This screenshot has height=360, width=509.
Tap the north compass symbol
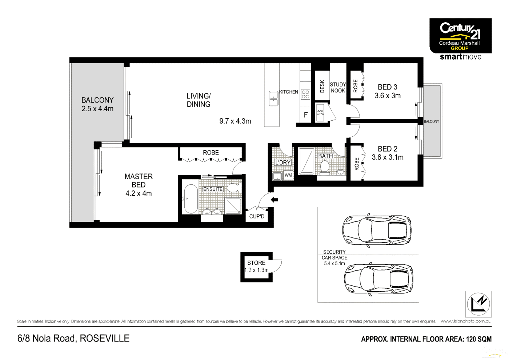[x=478, y=304]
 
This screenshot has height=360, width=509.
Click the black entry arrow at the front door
[x=274, y=200]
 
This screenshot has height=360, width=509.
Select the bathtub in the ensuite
[x=191, y=199]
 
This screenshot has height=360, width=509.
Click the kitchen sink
[x=273, y=99]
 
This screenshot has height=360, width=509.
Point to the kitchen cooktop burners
[x=305, y=94]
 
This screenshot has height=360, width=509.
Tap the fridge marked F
[x=306, y=115]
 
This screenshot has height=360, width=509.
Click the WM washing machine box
[x=288, y=175]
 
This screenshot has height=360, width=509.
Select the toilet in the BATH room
[x=325, y=167]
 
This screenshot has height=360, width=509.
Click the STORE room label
[x=256, y=263]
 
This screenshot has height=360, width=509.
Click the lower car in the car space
[x=378, y=279]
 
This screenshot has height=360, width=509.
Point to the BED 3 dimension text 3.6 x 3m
[x=388, y=96]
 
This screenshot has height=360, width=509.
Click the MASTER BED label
[x=139, y=180]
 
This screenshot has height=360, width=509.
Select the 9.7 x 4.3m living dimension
[x=235, y=121]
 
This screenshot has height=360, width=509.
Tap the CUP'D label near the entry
[x=257, y=216]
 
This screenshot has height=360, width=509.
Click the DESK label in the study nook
[x=322, y=86]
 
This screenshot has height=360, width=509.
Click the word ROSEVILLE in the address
[x=105, y=338]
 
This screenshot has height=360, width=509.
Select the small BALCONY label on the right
[x=431, y=121]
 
